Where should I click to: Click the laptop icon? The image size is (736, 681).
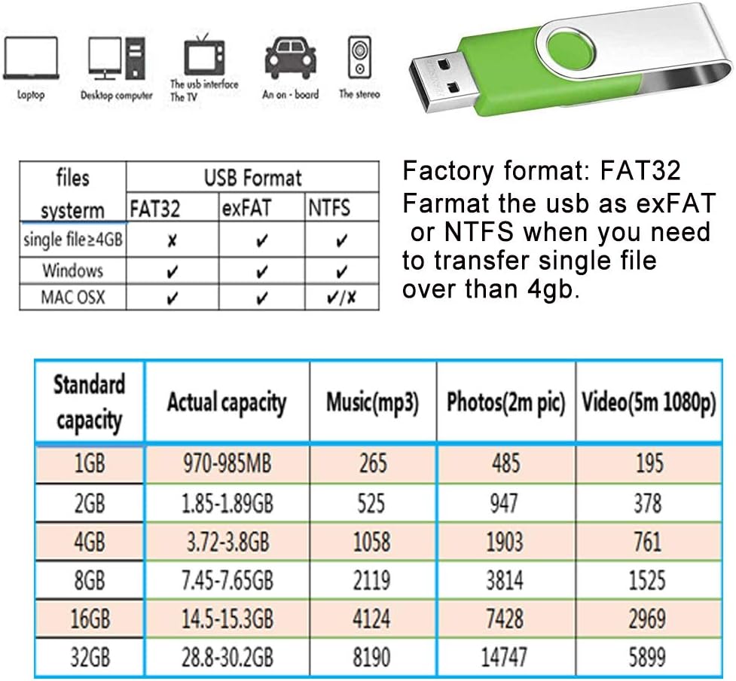click(31, 58)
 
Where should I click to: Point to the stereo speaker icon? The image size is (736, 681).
click(359, 57)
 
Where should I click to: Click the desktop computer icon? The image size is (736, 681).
click(117, 58)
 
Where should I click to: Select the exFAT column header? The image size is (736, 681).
click(246, 208)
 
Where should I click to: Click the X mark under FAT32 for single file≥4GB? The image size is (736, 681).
click(172, 241)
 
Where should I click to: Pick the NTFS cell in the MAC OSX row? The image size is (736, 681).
click(341, 297)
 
